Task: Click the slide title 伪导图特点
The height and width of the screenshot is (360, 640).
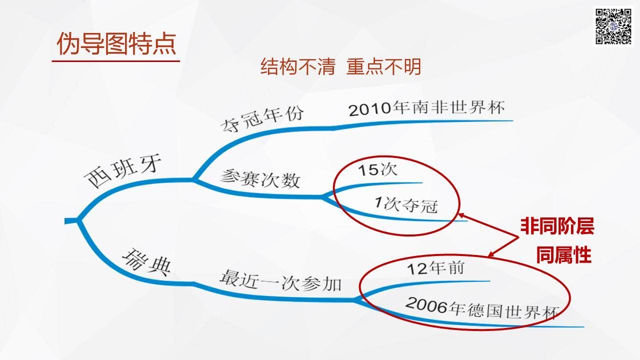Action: tap(116, 43)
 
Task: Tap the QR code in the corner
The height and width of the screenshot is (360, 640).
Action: tap(613, 26)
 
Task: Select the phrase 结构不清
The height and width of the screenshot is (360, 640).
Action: tap(297, 66)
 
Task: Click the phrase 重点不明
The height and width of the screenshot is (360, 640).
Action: tap(383, 66)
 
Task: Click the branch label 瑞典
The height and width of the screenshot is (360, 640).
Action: tap(146, 262)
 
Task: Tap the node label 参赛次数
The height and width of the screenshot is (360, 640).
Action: tap(260, 178)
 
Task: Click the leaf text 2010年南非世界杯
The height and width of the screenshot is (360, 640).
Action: tap(427, 108)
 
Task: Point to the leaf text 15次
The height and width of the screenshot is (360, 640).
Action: tap(377, 169)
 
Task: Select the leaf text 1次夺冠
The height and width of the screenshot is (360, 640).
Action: tap(406, 204)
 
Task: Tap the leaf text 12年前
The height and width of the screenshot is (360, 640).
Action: tap(435, 268)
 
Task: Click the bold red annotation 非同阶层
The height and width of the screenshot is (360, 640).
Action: tap(557, 226)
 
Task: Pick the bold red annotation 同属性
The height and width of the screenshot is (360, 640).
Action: tap(563, 255)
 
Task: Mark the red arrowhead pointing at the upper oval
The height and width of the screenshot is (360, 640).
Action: tap(461, 215)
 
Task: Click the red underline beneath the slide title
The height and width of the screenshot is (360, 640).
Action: tap(115, 61)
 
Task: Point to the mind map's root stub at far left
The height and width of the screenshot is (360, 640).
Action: tap(71, 221)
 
